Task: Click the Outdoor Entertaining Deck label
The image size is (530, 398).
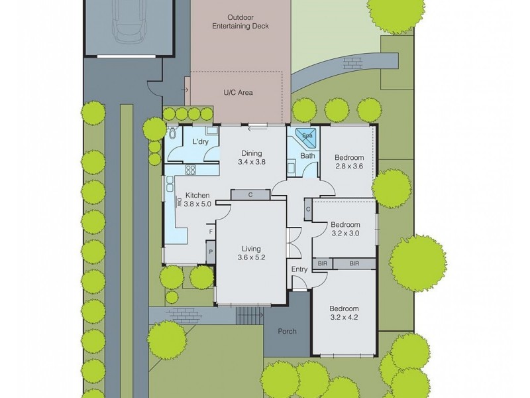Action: click(x=240, y=21)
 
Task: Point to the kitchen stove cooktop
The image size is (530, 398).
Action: click(x=190, y=169)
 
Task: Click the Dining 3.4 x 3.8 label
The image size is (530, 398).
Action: click(x=252, y=157)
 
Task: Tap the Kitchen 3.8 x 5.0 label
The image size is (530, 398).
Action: click(x=197, y=200)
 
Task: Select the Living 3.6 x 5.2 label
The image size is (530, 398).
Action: click(x=251, y=253)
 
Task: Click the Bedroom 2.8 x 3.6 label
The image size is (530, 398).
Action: click(x=348, y=162)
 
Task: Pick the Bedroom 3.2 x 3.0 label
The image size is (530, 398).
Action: click(x=345, y=229)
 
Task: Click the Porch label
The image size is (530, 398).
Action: click(x=287, y=331)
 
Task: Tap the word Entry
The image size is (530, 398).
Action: click(x=299, y=269)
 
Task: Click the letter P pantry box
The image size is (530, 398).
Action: click(x=210, y=252)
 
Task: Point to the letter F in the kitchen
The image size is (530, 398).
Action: click(x=211, y=232)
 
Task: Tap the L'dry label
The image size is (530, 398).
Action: click(x=201, y=143)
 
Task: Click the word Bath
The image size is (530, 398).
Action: click(x=307, y=156)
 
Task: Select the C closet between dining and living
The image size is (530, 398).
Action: click(x=250, y=194)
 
